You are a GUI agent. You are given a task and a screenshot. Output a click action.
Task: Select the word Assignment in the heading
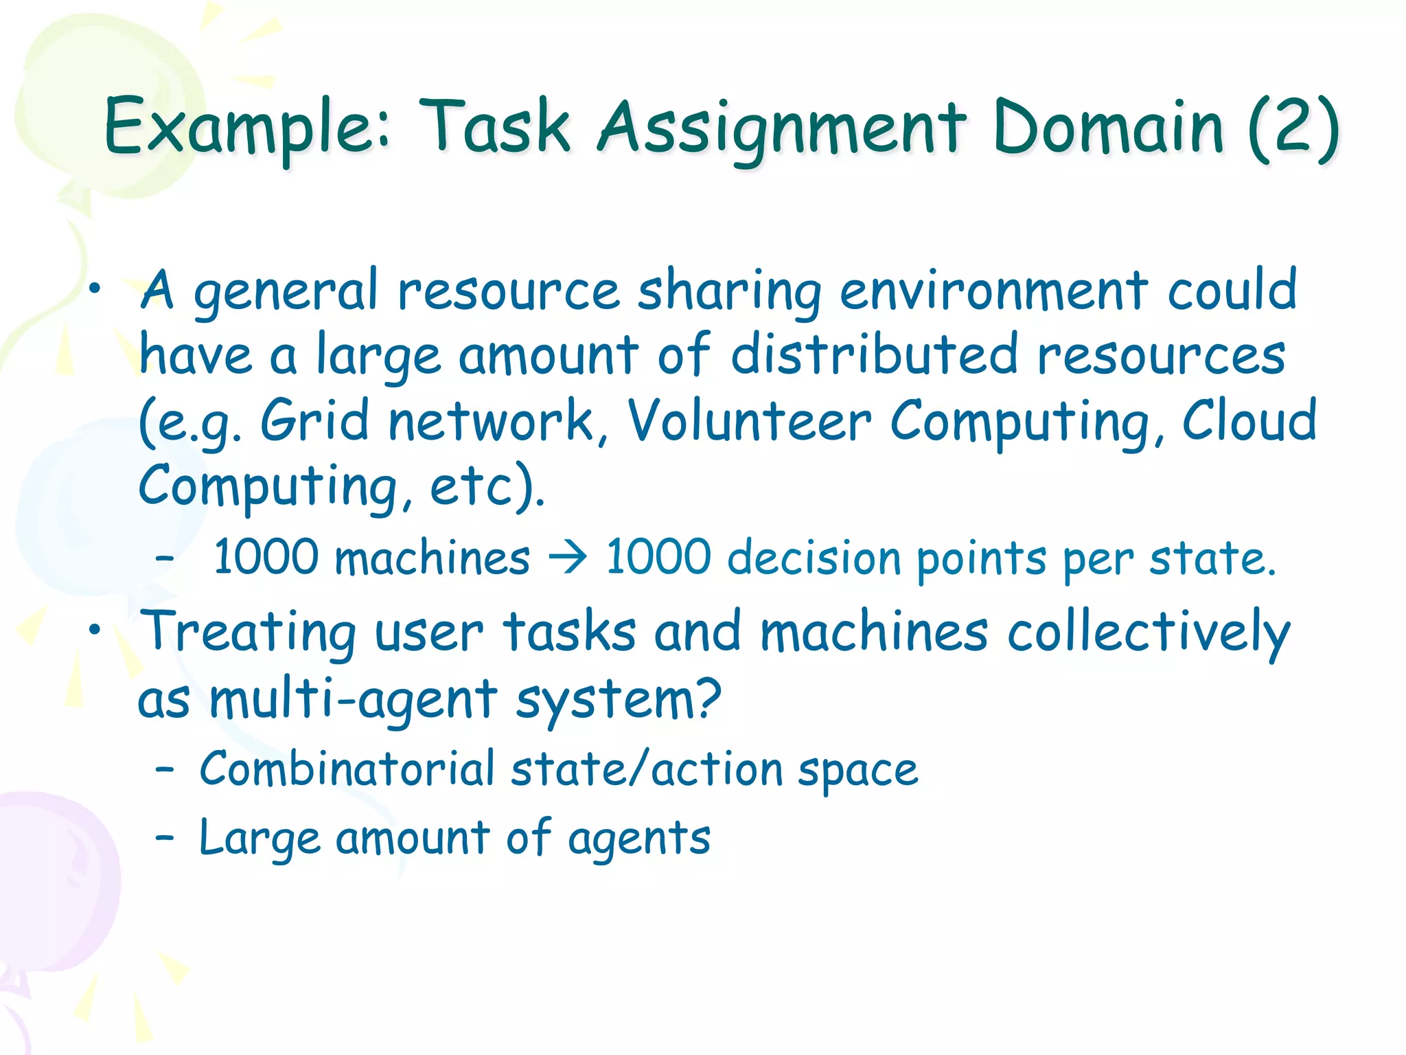[782, 128]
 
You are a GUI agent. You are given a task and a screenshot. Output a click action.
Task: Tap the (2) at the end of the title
[1293, 128]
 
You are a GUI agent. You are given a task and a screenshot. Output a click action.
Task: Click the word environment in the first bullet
[993, 291]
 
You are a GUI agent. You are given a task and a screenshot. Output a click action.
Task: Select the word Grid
[314, 420]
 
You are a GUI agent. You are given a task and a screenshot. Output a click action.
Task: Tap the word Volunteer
[749, 420]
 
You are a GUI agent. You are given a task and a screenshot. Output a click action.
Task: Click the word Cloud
[1249, 420]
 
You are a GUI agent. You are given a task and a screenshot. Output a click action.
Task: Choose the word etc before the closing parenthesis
[470, 485]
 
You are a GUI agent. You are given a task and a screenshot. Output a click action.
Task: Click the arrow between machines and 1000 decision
[567, 557]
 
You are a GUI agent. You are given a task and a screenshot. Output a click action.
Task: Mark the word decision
[813, 557]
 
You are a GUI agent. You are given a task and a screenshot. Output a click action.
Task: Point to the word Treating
[248, 633]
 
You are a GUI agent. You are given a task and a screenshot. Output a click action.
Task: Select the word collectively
[1149, 633]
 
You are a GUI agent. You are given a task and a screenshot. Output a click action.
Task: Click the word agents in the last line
[638, 839]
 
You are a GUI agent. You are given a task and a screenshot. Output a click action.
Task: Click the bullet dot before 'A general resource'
[95, 289]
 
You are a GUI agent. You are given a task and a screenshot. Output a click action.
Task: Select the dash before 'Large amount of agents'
[164, 838]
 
